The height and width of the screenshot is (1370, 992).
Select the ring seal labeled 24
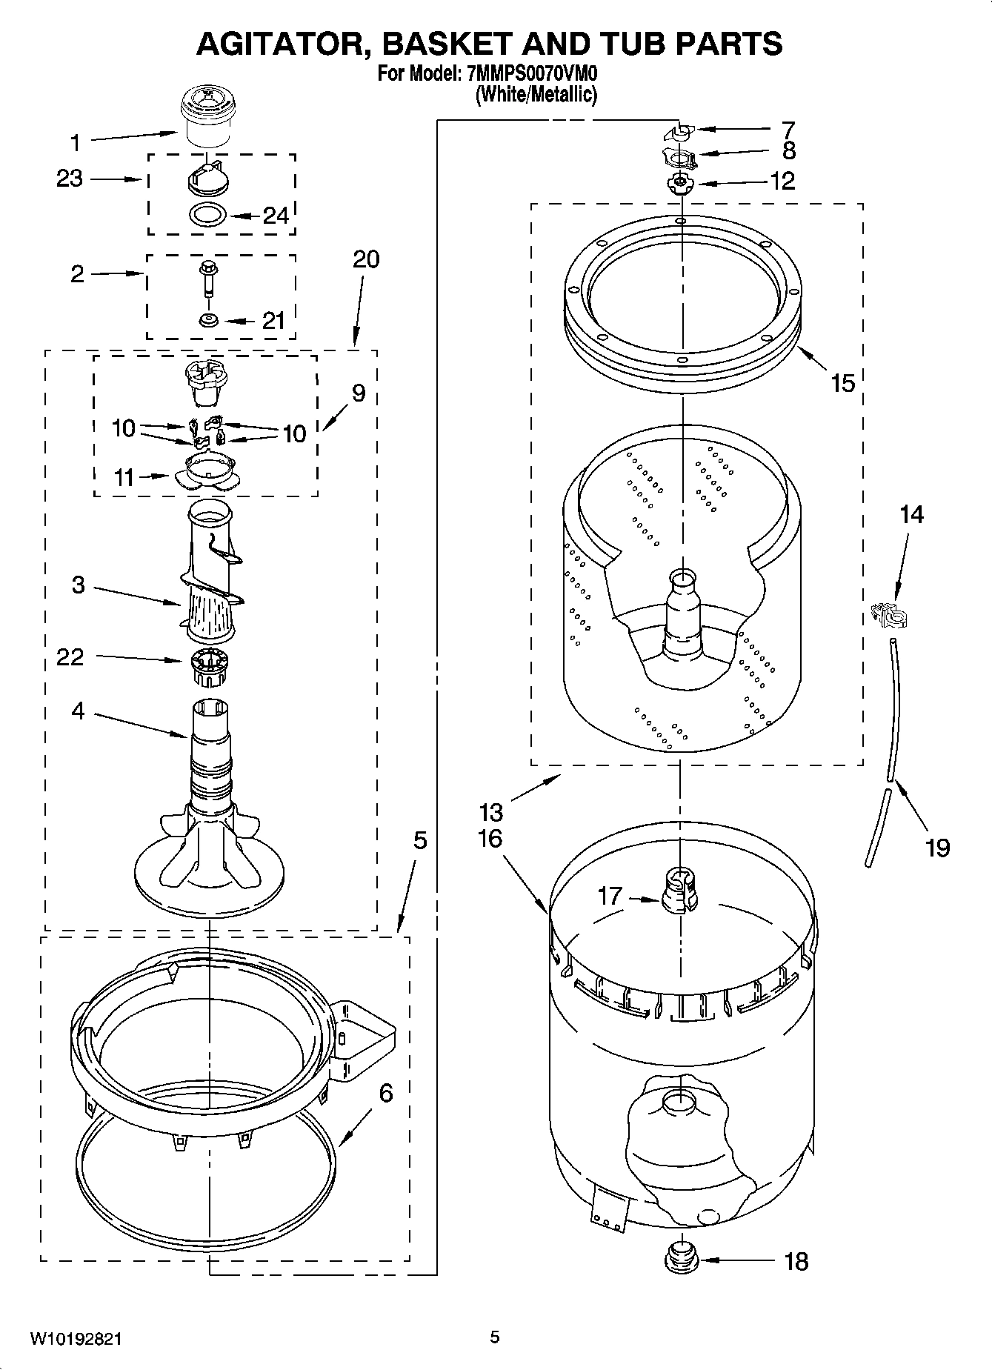208,216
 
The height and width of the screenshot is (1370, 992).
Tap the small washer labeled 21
207,319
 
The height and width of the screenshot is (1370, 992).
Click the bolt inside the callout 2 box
207,277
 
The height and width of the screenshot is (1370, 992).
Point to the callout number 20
365,259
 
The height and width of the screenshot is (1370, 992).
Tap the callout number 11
124,478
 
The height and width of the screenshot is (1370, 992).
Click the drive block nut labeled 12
677,183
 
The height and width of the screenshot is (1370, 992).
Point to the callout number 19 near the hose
937,847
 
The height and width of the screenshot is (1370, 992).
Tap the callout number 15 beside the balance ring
843,383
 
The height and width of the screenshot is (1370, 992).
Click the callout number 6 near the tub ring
386,1093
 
